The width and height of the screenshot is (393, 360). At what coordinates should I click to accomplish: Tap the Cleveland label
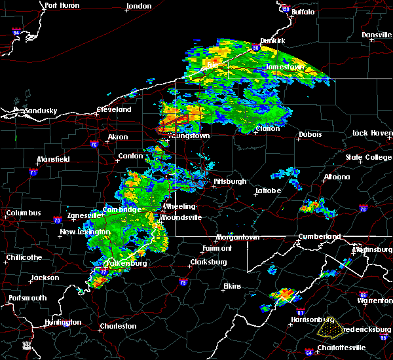click(x=115, y=110)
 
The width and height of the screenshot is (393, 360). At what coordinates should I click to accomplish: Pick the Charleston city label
click(x=118, y=326)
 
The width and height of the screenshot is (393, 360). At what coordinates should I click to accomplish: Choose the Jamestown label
click(x=285, y=67)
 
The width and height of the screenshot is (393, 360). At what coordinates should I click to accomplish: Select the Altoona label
click(x=336, y=177)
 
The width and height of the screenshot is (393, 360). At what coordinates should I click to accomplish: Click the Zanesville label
click(x=86, y=215)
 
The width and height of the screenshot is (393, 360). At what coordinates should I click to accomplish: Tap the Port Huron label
click(x=62, y=5)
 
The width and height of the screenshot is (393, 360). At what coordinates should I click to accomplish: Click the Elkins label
click(x=232, y=286)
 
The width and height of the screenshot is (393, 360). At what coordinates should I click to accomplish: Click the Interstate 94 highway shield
click(x=16, y=31)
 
